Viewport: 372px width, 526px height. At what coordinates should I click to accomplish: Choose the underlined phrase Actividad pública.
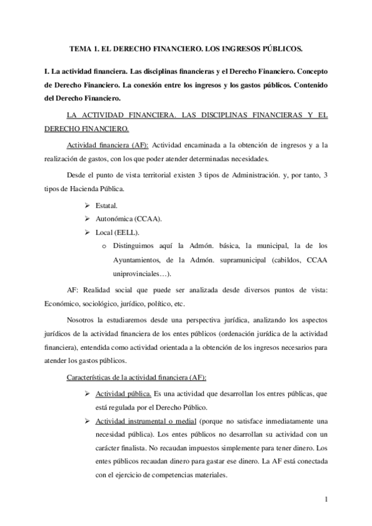(x=124, y=393)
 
